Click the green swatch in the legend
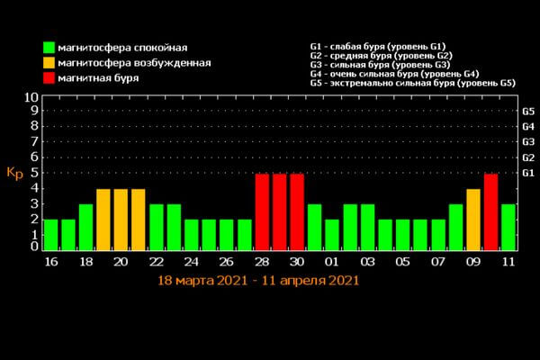[x=48, y=47]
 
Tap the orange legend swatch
[x=48, y=63]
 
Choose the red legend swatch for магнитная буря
[x=48, y=79]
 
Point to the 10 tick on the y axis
[x=31, y=97]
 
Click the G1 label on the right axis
[x=528, y=173]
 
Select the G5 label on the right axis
[x=528, y=112]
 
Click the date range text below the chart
[x=258, y=281]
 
